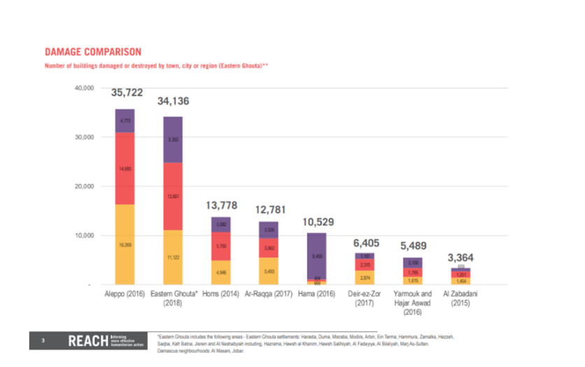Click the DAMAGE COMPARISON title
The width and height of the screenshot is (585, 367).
(93, 52)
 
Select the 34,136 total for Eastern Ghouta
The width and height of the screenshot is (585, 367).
(173, 102)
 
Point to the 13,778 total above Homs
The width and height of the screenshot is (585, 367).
(221, 206)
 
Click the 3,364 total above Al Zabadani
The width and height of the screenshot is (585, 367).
(460, 257)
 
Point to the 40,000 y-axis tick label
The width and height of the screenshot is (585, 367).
(83, 88)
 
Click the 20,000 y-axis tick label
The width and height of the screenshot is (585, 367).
(83, 187)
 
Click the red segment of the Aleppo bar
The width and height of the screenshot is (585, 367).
(125, 168)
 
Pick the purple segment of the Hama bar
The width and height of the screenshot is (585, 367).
(317, 256)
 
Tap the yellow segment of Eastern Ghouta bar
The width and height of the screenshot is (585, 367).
(173, 257)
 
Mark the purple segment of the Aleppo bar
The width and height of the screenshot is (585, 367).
(125, 120)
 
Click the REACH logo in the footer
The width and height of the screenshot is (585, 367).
(86, 341)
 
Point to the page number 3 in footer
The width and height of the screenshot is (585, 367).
(43, 341)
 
